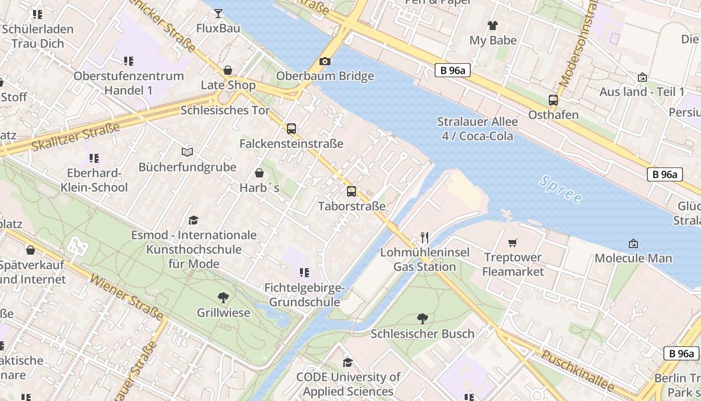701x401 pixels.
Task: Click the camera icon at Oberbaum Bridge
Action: tap(325, 62)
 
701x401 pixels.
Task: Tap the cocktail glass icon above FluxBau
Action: tap(218, 14)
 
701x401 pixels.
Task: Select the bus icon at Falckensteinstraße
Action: tap(291, 129)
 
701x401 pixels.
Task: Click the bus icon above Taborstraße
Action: tap(352, 191)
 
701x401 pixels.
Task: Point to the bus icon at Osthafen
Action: tap(553, 100)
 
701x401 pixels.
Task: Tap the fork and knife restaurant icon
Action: tap(425, 237)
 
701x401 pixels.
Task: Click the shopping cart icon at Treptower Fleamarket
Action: tap(512, 243)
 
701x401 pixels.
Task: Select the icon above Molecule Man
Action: tap(633, 244)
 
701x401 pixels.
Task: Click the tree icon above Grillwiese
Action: tap(223, 298)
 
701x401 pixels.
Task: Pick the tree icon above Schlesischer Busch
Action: tap(423, 318)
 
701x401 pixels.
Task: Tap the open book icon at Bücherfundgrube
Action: tap(187, 152)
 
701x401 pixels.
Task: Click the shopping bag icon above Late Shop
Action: tap(228, 70)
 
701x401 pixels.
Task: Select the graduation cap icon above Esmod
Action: tap(193, 220)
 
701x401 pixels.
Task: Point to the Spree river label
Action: tap(561, 189)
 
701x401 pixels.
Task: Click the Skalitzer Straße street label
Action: tap(75, 136)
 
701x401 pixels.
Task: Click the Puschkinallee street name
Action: tap(578, 371)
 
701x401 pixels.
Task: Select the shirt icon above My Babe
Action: tap(493, 26)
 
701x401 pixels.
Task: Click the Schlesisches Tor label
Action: tap(225, 110)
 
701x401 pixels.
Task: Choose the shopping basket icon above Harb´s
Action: tap(259, 173)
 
